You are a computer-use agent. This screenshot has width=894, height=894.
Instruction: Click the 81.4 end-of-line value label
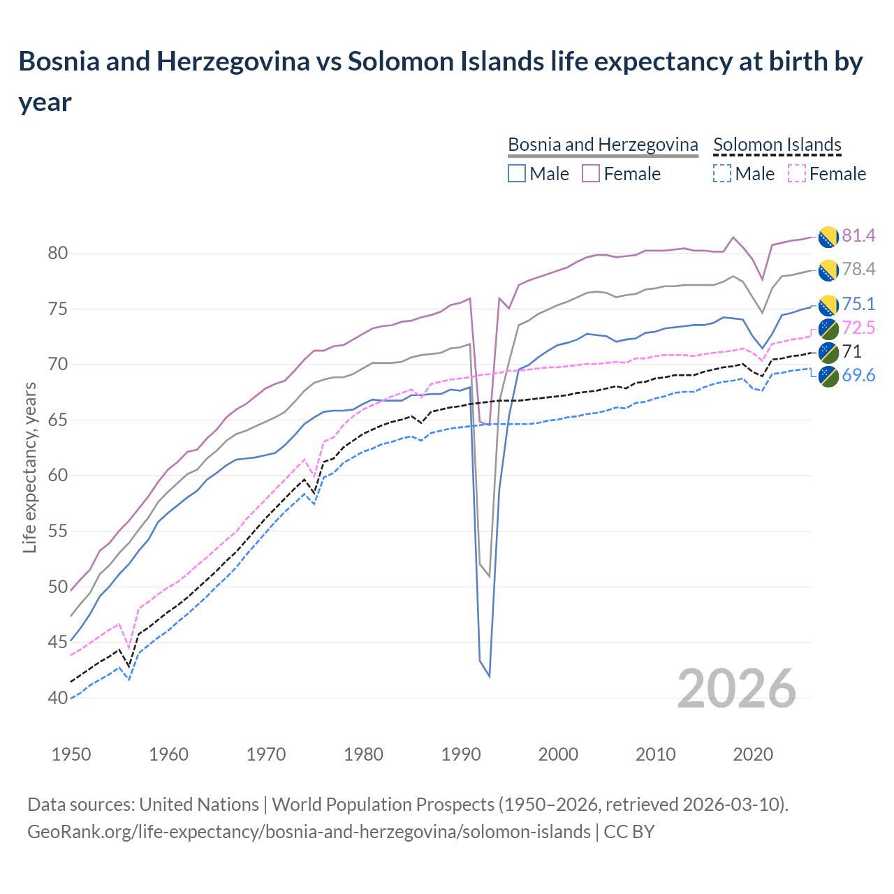pyautogui.click(x=858, y=236)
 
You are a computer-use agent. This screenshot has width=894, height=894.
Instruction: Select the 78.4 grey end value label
pyautogui.click(x=858, y=270)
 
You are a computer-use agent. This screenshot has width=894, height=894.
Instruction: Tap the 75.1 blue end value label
pyautogui.click(x=858, y=304)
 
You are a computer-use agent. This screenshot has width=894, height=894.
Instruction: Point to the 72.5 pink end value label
pyautogui.click(x=858, y=328)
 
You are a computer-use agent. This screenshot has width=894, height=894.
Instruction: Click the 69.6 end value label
pyautogui.click(x=858, y=376)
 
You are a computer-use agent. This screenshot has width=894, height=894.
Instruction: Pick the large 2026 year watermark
pyautogui.click(x=737, y=689)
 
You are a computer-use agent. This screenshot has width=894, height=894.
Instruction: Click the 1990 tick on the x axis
pyautogui.click(x=461, y=754)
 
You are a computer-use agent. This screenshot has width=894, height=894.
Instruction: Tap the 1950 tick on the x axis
pyautogui.click(x=72, y=754)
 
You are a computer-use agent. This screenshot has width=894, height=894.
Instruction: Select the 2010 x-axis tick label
pyautogui.click(x=655, y=754)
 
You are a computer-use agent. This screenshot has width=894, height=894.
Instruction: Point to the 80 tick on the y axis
pyautogui.click(x=57, y=254)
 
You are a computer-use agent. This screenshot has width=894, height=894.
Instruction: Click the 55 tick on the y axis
pyautogui.click(x=57, y=532)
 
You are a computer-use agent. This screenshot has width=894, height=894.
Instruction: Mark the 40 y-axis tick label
pyautogui.click(x=57, y=698)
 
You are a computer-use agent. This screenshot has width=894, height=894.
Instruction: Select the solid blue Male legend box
pyautogui.click(x=517, y=173)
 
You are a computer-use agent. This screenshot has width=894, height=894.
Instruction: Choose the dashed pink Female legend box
pyautogui.click(x=796, y=173)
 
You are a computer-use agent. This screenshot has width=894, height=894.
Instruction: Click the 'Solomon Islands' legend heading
pyautogui.click(x=777, y=145)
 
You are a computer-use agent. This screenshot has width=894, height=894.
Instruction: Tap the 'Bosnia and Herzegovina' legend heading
pyautogui.click(x=603, y=145)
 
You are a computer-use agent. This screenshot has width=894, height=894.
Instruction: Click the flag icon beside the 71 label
pyautogui.click(x=828, y=352)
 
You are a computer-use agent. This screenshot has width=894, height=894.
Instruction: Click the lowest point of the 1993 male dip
pyautogui.click(x=490, y=676)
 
